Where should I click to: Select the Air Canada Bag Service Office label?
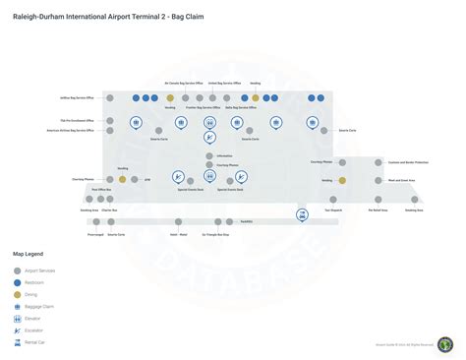tap(184, 84)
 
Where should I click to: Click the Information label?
tap(225, 156)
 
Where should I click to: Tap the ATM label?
tap(147, 180)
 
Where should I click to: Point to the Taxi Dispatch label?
tap(333, 210)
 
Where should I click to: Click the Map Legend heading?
tap(28, 254)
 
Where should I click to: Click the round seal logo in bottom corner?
tap(445, 343)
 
